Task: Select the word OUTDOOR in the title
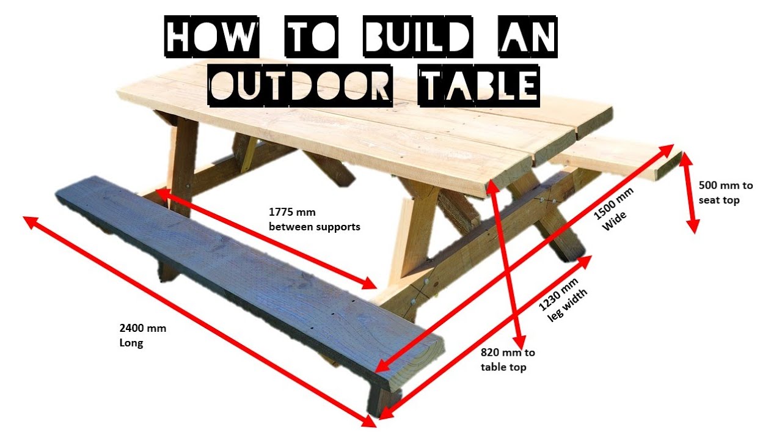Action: pos(299,85)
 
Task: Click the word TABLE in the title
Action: pos(478,85)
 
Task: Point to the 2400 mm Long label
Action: pos(142,335)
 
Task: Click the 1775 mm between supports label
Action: pos(314,219)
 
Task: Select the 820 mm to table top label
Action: pos(507,359)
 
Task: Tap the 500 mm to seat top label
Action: pos(726,193)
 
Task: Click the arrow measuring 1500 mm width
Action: pos(525,257)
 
